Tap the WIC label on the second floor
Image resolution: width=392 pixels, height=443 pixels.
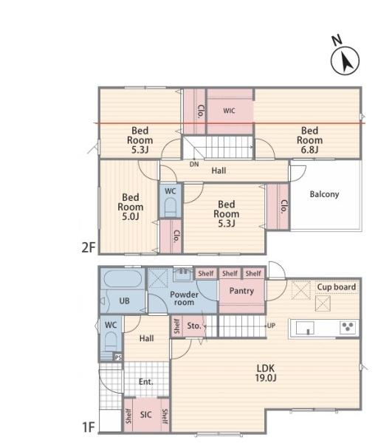click(229, 111)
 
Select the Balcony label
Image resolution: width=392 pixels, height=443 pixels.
click(324, 194)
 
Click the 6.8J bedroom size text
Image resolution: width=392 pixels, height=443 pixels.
click(309, 150)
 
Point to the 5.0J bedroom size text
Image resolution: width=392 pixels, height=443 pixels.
click(131, 216)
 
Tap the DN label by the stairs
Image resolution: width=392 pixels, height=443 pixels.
click(194, 164)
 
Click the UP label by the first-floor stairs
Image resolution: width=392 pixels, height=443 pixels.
click(271, 326)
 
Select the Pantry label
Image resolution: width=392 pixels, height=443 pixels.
click(241, 291)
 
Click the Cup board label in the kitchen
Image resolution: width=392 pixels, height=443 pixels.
click(337, 287)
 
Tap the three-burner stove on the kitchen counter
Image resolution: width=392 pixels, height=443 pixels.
click(348, 327)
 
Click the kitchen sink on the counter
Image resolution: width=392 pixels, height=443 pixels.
click(305, 328)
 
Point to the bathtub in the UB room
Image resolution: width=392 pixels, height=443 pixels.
click(123, 278)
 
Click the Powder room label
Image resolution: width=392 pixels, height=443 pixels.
click(184, 298)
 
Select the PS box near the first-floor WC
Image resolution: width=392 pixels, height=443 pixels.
click(118, 357)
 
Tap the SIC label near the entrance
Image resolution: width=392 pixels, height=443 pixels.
click(145, 415)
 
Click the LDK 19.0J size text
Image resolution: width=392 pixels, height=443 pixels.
click(266, 373)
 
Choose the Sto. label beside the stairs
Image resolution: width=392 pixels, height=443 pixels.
click(194, 326)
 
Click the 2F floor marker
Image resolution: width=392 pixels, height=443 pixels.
click(89, 247)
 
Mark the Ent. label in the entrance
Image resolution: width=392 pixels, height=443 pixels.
click(146, 382)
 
